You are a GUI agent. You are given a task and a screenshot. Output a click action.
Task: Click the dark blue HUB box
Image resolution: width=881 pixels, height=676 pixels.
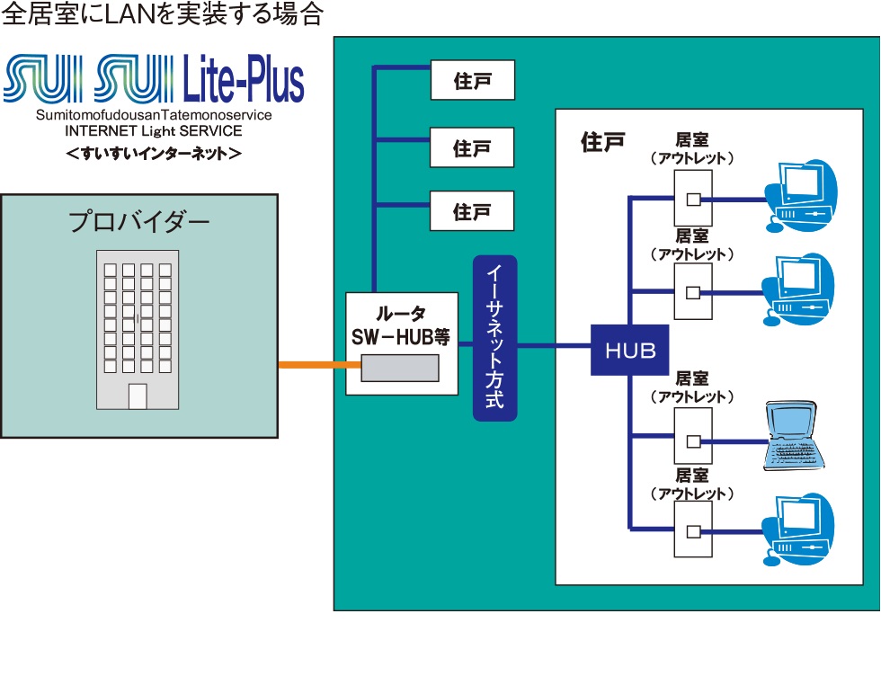pos(629,349)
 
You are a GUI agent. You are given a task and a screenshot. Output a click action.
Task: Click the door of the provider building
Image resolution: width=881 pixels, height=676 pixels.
pos(138,396)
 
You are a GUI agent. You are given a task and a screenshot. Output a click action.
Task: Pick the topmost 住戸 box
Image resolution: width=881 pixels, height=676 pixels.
pos(472,80)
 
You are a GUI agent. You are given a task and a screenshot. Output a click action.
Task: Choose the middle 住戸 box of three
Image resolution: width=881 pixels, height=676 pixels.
pos(472,147)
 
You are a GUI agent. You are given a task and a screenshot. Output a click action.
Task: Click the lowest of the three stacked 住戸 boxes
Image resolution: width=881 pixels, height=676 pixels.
pos(472,212)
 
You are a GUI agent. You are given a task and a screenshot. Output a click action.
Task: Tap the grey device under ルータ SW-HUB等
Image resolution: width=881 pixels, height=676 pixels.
pos(400,369)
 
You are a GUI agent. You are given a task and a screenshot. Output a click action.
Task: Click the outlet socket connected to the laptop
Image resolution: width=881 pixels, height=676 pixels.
pos(692,441)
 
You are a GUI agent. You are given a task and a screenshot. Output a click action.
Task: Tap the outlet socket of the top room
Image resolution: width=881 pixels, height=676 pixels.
pos(692,199)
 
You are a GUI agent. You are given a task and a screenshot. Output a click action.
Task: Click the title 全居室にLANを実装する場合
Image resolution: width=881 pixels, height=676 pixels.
pos(162,15)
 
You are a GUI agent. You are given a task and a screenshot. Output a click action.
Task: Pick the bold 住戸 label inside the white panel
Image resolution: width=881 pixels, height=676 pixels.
pos(602,142)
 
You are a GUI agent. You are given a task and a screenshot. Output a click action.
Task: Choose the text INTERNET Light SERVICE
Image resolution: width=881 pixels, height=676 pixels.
pos(154,131)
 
